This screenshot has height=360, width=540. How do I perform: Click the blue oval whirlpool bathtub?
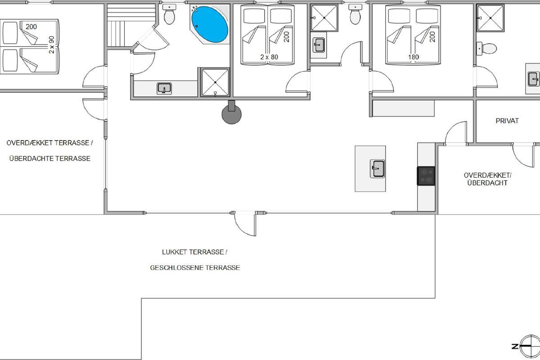pyautogui.click(x=210, y=24)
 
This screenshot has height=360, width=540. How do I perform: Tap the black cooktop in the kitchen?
pyautogui.click(x=426, y=176)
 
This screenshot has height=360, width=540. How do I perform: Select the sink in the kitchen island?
pyautogui.click(x=377, y=169)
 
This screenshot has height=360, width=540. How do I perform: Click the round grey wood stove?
pyautogui.click(x=231, y=114)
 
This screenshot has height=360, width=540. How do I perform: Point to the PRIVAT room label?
pyautogui.click(x=507, y=121)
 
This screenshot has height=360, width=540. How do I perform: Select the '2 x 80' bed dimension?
pyautogui.click(x=269, y=57)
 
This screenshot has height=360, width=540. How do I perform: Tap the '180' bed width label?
pyautogui.click(x=414, y=57)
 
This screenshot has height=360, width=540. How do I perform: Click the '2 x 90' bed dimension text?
pyautogui.click(x=51, y=45)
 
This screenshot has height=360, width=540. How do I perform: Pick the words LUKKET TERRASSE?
pyautogui.click(x=193, y=252)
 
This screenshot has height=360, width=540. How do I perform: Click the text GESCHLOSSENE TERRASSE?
pyautogui.click(x=195, y=268)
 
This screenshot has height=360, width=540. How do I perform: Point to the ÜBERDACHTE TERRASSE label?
pyautogui.click(x=49, y=158)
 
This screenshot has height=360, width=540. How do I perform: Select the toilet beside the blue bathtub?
pyautogui.click(x=169, y=14)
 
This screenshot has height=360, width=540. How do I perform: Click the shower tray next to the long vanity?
pyautogui.click(x=215, y=82)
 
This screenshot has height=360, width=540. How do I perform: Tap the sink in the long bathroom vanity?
pyautogui.click(x=164, y=89)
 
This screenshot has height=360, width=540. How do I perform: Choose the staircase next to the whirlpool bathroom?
pyautogui.click(x=131, y=25)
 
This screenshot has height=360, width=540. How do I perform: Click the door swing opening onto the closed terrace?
pyautogui.click(x=245, y=224)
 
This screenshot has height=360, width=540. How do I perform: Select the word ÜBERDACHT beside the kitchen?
pyautogui.click(x=487, y=183)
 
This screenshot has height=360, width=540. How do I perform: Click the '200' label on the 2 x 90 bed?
pyautogui.click(x=31, y=27)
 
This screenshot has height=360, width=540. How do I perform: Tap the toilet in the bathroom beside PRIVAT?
pyautogui.click(x=486, y=49)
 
